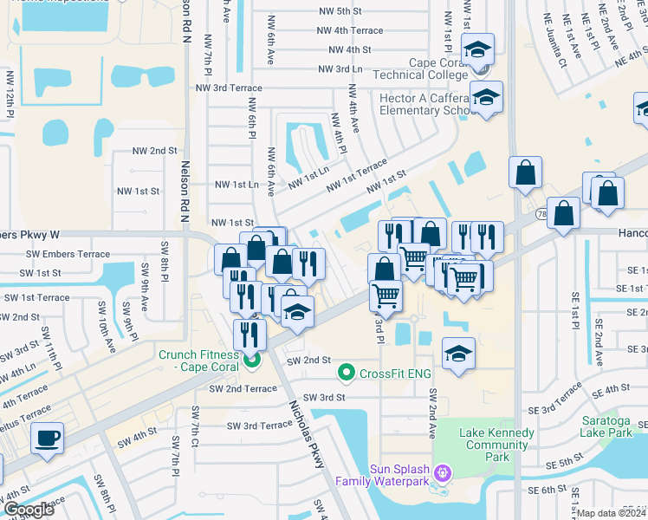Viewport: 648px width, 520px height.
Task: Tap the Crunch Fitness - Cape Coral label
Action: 202,361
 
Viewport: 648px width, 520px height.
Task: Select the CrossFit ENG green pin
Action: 346,373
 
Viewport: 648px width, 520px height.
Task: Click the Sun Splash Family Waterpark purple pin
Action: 444,473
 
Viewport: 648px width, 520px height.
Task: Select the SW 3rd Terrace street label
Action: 260,426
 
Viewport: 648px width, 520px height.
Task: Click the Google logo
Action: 29,510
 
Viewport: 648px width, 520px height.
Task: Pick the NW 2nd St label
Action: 154,151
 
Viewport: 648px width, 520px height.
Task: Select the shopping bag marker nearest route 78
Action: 563,215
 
